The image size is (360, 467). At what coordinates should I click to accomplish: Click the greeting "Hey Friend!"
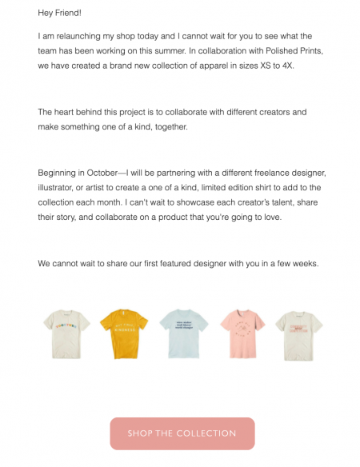59,13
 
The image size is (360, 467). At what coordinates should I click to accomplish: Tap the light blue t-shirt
183,333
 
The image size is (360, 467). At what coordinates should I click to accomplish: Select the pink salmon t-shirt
242,333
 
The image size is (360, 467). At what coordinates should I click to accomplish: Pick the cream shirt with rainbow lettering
66,333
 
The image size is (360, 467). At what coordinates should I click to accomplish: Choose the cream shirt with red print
298,333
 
